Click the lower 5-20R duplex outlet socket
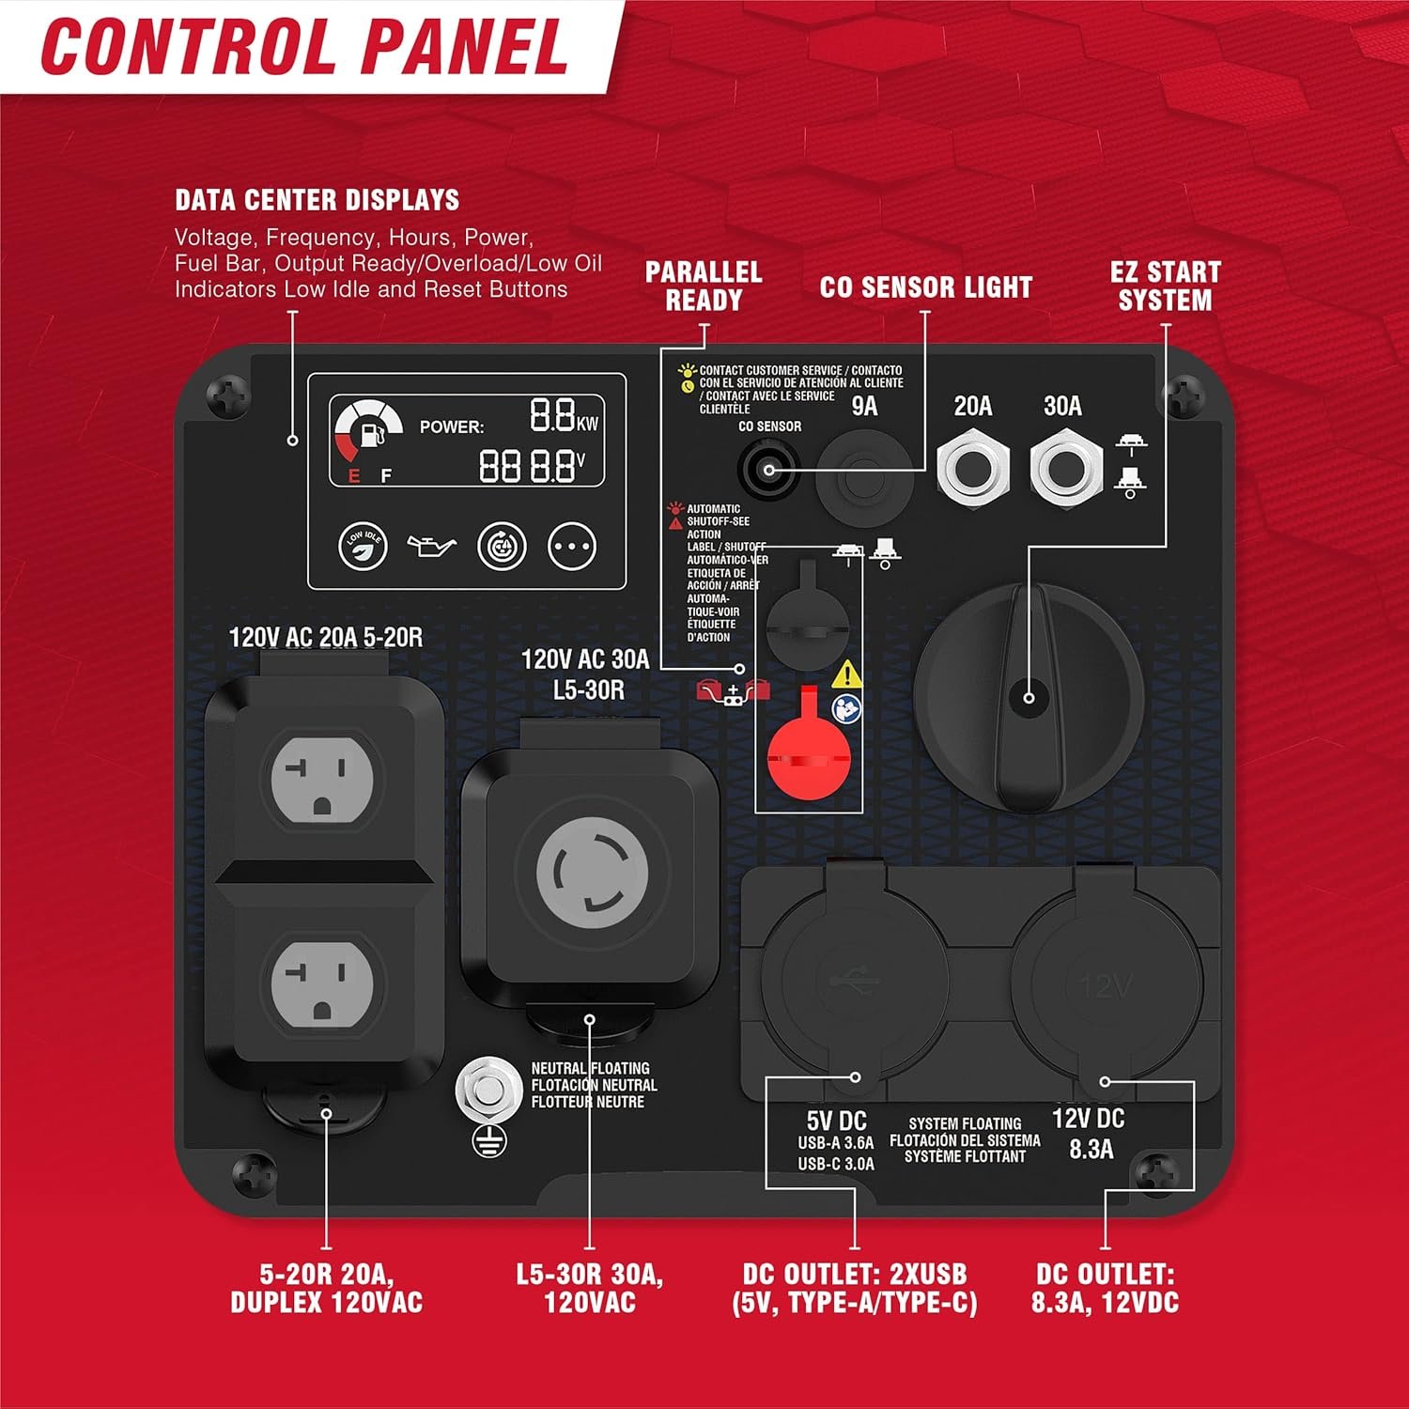[322, 983]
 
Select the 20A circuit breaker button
[972, 467]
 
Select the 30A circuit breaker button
[1065, 467]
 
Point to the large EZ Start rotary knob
[1029, 697]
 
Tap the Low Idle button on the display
[363, 546]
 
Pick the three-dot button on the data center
[572, 546]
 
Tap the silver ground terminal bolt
[488, 1092]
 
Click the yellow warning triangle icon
[847, 674]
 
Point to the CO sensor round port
[768, 468]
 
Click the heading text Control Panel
[304, 46]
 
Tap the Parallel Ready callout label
[704, 286]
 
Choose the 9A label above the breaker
[864, 406]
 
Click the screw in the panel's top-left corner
[227, 398]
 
